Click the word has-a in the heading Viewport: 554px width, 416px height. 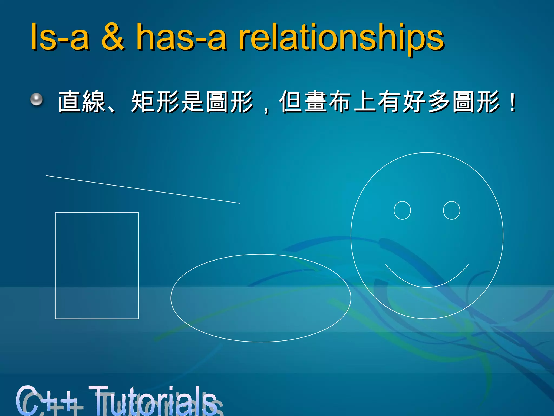coord(181,37)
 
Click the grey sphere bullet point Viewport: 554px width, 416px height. coord(37,100)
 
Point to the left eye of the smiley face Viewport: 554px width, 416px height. coord(402,210)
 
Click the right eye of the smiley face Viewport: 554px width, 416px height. coord(451,210)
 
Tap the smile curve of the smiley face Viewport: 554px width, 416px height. coord(427,287)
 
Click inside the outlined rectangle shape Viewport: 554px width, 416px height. coord(97,265)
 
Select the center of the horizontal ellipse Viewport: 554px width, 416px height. coord(261,298)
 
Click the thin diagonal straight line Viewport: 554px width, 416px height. coord(143,189)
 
